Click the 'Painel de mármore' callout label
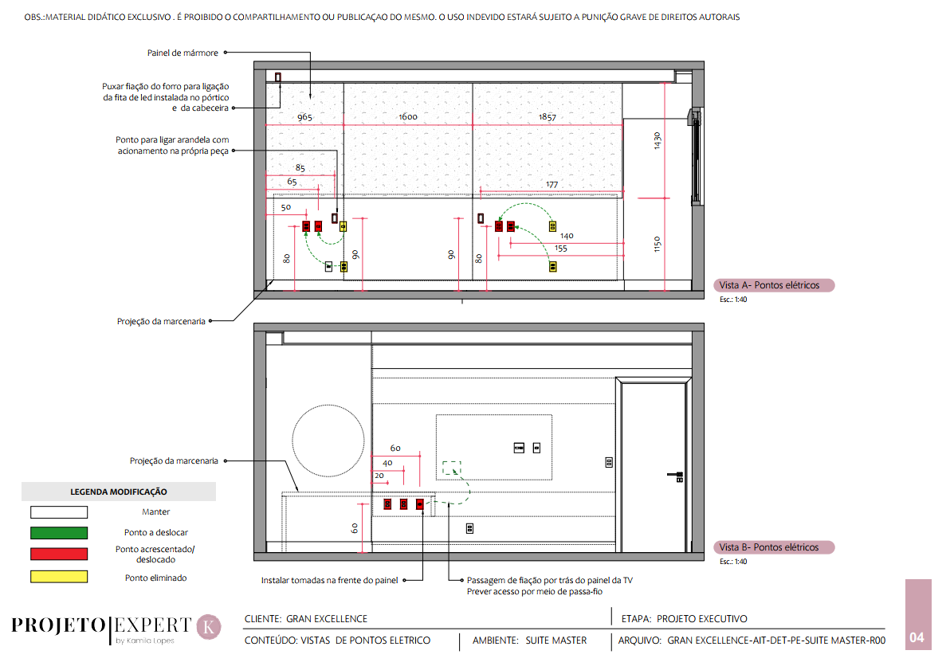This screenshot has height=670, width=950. point(183,53)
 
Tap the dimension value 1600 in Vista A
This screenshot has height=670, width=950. point(408,117)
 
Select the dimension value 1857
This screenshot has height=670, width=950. point(547,117)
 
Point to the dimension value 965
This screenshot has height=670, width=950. point(304,117)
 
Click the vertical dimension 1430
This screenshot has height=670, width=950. point(658,141)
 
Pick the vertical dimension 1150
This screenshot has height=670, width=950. point(658,243)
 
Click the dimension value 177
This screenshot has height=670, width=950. point(552,185)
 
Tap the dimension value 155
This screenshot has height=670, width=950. point(560,249)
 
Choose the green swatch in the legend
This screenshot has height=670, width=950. point(59,533)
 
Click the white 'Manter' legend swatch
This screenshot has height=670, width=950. point(59,512)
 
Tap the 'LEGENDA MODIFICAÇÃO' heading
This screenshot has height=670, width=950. point(119,492)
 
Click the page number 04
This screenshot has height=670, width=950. point(917,637)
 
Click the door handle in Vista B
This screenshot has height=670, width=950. point(677,476)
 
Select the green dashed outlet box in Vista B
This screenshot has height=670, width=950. point(452,468)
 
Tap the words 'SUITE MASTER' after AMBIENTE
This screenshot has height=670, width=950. point(556,641)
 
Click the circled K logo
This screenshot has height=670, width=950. point(209,626)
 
